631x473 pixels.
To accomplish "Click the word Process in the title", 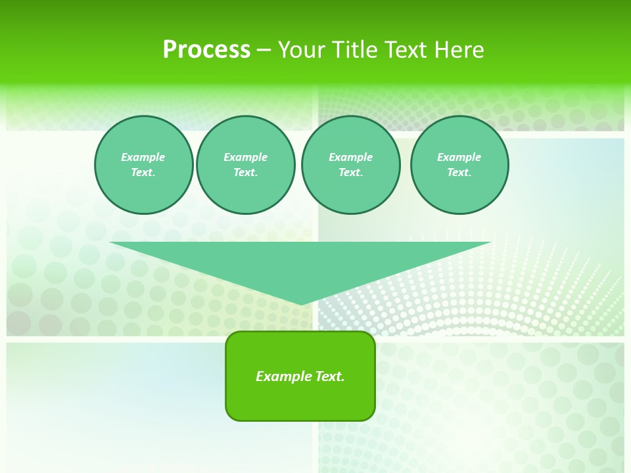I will tap(206, 50).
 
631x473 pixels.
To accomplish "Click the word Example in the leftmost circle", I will tap(143, 157).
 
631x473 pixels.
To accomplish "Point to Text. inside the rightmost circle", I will tap(459, 172).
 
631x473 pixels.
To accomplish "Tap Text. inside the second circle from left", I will tap(245, 172).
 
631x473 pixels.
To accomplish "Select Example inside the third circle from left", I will tap(350, 157).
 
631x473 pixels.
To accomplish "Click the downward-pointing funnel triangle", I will tap(300, 263).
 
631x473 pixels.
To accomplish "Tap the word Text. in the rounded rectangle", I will tap(330, 376).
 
